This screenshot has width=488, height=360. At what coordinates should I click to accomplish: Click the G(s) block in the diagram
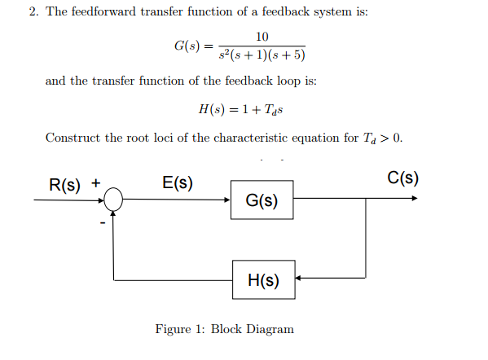262,201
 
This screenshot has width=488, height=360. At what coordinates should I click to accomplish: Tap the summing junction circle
114,199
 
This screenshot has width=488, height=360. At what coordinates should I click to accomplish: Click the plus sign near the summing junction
95,182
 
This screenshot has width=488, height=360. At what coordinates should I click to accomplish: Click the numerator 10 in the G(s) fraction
262,37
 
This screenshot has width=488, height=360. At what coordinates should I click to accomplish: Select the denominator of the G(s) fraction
262,56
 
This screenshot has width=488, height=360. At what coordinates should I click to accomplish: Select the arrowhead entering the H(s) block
298,280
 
